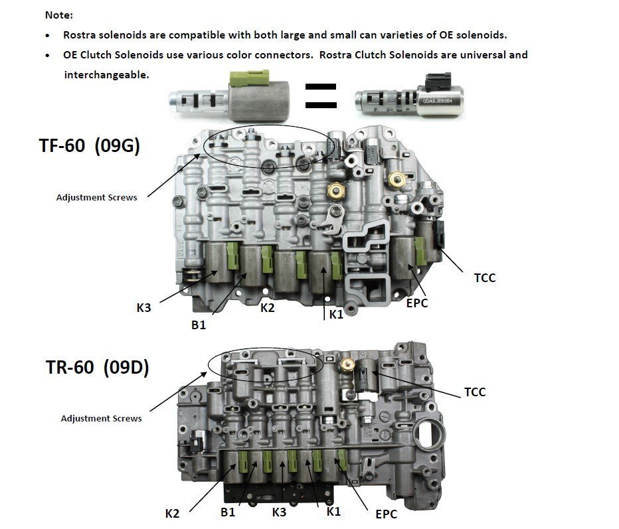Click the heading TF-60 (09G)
(x=90, y=145)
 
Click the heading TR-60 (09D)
(x=97, y=367)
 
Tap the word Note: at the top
(x=59, y=15)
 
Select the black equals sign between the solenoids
(x=321, y=96)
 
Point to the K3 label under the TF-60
(x=143, y=308)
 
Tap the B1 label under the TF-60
(x=199, y=325)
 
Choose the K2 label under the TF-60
(x=267, y=308)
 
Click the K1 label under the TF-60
(x=336, y=315)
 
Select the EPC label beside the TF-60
(x=417, y=303)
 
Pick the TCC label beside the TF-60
(x=484, y=278)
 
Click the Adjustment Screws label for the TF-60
(x=97, y=197)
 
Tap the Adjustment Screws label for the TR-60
(x=102, y=418)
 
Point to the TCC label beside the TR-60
(x=475, y=392)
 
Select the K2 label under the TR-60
(x=172, y=514)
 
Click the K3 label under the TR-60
(x=279, y=512)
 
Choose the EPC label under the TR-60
(x=386, y=514)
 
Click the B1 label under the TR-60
(x=228, y=512)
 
